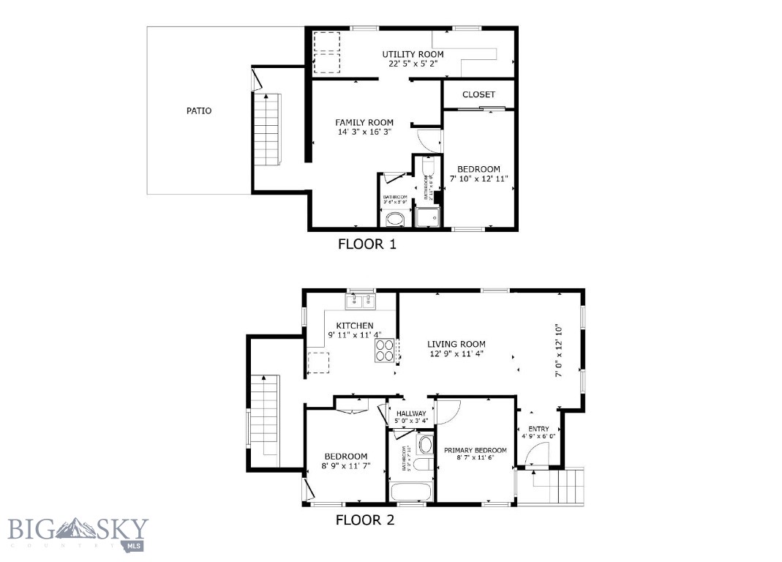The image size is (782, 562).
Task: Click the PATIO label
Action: pyautogui.click(x=199, y=111)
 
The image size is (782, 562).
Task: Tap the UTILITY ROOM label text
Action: pyautogui.click(x=413, y=54)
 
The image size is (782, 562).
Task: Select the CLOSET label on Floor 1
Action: pyautogui.click(x=478, y=94)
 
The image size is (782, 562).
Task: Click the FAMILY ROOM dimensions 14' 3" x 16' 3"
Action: pyautogui.click(x=364, y=132)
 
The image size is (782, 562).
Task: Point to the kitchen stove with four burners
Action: pyautogui.click(x=385, y=351)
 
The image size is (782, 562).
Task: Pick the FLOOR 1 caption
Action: pyautogui.click(x=366, y=244)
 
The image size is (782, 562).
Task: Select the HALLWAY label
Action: pyautogui.click(x=410, y=413)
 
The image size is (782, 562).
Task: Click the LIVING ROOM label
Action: pyautogui.click(x=456, y=344)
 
